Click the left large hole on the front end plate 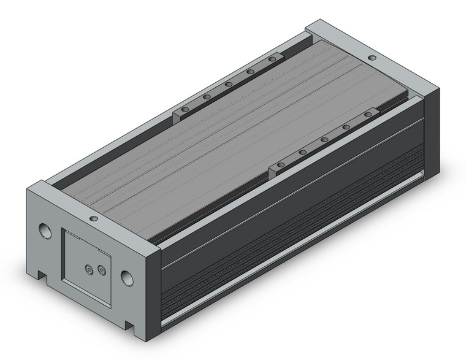point(44,231)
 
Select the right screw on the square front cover point(101,270)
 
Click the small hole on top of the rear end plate point(372,58)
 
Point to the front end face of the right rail point(274,167)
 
